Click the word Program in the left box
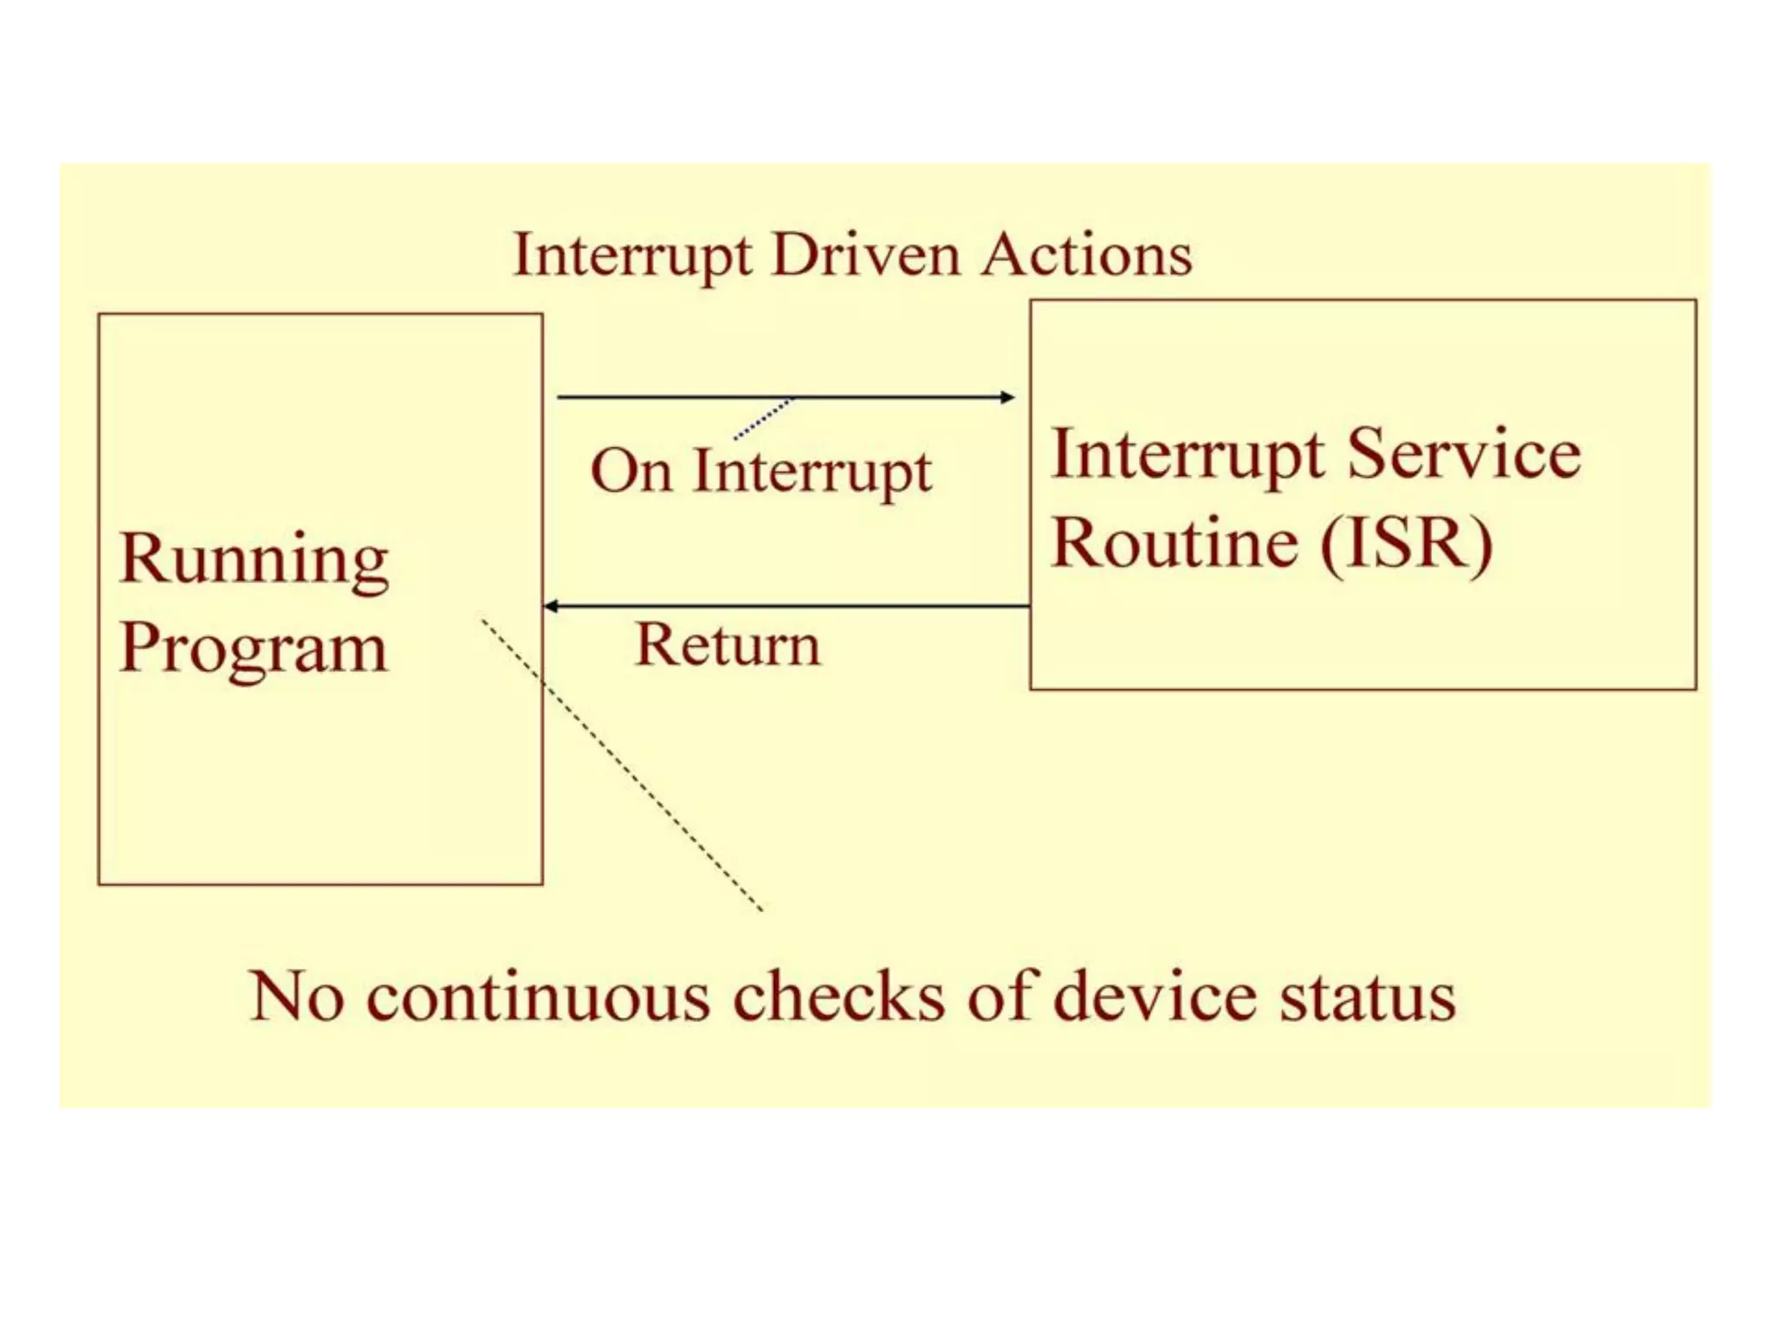[x=253, y=649]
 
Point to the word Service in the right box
[x=1464, y=454]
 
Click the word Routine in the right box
[x=1174, y=543]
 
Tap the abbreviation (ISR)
[x=1407, y=543]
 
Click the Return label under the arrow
[x=728, y=645]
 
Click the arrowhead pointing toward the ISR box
[x=1007, y=397]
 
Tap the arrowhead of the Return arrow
[x=551, y=606]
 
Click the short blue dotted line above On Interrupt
[x=763, y=418]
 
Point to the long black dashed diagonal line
[x=624, y=766]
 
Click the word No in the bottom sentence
[x=296, y=997]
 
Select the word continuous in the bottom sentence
[x=538, y=997]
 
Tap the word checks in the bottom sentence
[x=838, y=997]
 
